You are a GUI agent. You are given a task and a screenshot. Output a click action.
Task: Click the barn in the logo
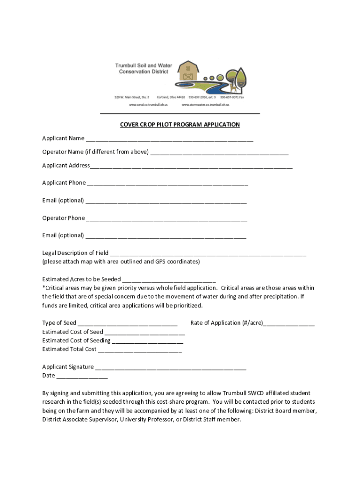point(188,72)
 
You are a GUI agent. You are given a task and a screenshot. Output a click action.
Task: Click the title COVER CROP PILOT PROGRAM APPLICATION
point(180,125)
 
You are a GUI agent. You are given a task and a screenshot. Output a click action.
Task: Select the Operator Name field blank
point(219,152)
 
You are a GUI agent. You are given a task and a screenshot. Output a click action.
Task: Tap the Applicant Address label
point(66,166)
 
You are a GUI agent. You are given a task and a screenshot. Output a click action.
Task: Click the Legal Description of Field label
point(75,253)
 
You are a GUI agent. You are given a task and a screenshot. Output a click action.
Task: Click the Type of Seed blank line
point(128,324)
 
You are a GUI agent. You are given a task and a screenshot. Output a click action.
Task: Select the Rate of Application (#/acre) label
point(227,323)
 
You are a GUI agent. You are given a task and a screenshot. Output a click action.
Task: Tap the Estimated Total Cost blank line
point(140,350)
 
